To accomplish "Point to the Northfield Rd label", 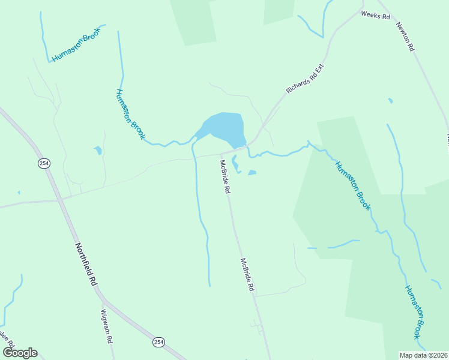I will point(86,264).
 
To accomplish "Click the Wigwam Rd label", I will point(106,325).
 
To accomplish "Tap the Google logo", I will point(20,353).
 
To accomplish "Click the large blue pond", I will point(225,128).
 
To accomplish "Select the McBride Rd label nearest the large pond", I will point(225,176).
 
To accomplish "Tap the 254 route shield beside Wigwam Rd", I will point(158,341).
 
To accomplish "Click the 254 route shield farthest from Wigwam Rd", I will point(43,163).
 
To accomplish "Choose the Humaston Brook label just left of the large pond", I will point(130,114).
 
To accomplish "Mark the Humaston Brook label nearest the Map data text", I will point(415,310).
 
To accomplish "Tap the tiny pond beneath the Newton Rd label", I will point(391,100).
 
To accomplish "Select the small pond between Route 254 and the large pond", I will point(98,150).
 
